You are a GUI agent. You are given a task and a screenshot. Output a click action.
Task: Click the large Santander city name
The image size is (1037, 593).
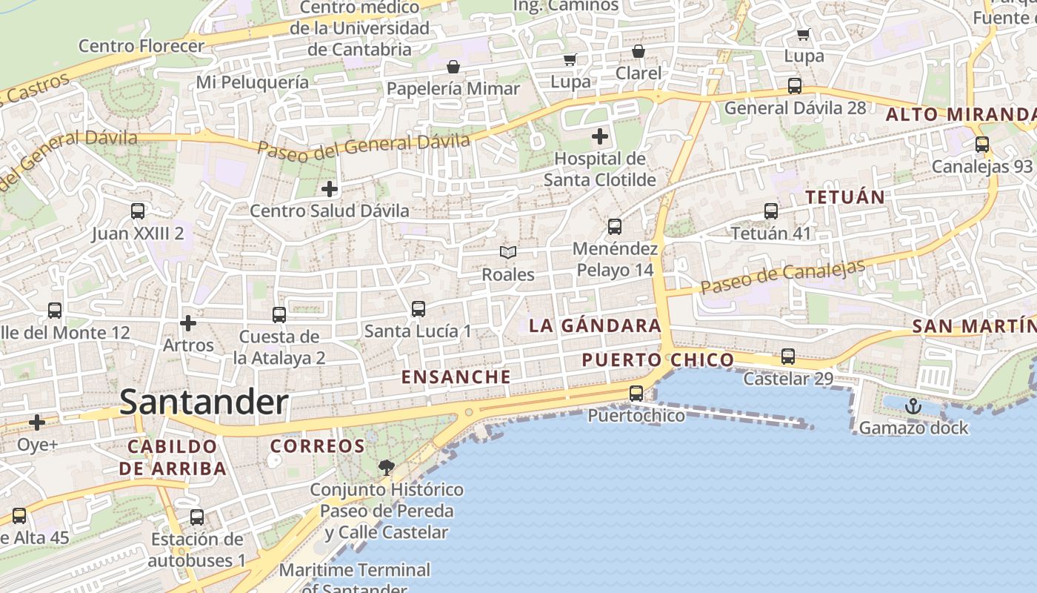pos(204,402)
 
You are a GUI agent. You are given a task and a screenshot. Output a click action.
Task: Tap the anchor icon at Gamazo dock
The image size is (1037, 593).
pos(913,405)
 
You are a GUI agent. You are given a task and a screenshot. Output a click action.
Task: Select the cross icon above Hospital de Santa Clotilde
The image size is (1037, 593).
pos(600,136)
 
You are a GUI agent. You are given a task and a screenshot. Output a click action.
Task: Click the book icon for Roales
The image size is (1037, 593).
pos(508,253)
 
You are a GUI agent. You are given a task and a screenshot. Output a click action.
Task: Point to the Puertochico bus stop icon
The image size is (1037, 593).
pos(636,394)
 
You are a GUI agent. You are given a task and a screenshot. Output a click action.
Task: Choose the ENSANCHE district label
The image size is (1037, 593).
pos(456,377)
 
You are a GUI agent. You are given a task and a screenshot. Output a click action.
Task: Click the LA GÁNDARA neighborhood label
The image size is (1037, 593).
pos(595,325)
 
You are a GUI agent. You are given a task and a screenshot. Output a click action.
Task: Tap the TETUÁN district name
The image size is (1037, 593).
pos(845,197)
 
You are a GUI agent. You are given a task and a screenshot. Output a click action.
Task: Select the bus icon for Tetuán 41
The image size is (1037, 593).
pos(771,211)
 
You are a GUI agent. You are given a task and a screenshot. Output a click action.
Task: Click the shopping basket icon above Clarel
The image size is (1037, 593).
pos(638,51)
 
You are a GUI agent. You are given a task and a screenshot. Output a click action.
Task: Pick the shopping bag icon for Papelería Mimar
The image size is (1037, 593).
pos(453,67)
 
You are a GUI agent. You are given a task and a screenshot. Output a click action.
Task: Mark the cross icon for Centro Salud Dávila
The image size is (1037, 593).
pos(330,189)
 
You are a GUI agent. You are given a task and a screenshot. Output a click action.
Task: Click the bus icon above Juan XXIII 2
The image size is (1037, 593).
pos(138,211)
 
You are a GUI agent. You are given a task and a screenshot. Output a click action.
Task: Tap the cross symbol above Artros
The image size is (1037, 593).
pos(188,323)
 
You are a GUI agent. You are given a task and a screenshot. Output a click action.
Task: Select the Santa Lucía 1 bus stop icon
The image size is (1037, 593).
pos(419,309)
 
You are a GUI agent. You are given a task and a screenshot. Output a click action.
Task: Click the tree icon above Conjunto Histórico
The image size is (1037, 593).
pos(386,467)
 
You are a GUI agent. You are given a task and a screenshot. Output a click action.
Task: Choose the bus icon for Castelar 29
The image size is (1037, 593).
pos(788,357)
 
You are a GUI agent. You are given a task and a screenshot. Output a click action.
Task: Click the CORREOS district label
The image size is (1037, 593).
pos(318,446)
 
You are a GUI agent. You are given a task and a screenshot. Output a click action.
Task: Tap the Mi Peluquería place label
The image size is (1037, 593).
pos(253,82)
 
